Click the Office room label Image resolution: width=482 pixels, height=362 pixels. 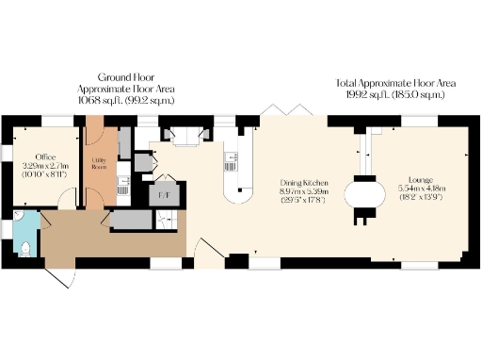(46, 156)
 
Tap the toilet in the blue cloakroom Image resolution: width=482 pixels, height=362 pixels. (24, 247)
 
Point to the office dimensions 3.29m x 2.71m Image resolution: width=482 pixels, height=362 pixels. (46, 166)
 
